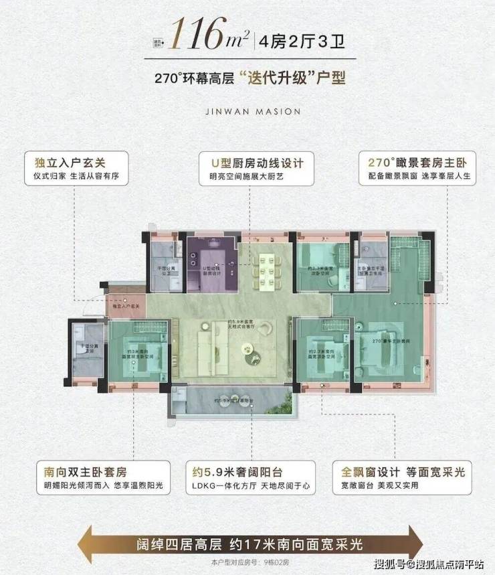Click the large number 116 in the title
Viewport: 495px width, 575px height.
[x=197, y=35]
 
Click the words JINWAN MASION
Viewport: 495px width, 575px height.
[x=248, y=111]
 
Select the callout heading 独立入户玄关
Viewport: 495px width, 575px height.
[x=66, y=163]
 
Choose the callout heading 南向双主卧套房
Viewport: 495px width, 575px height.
[x=73, y=471]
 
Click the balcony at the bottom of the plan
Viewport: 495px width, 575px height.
[x=231, y=404]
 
